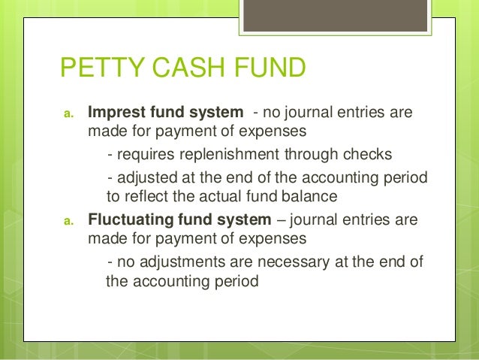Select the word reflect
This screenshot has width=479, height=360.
[x=148, y=197]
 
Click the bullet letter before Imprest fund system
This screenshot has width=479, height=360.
[x=67, y=115]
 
